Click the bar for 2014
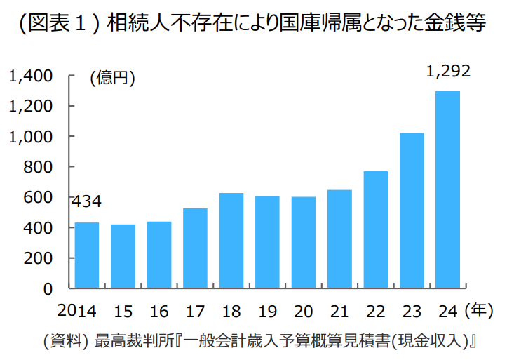87,255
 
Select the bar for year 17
195,248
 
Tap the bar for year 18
231,241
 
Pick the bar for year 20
304,243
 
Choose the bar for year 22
376,229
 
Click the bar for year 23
412,211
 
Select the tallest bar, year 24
448,190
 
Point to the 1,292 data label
448,71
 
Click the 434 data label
86,201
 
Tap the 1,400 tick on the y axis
30,76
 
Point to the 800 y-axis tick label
38,167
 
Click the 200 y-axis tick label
38,258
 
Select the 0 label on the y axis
48,289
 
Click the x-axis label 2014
77,311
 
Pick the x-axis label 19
267,312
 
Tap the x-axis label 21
339,312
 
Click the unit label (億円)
112,78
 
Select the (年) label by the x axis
479,310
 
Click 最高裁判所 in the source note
134,341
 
